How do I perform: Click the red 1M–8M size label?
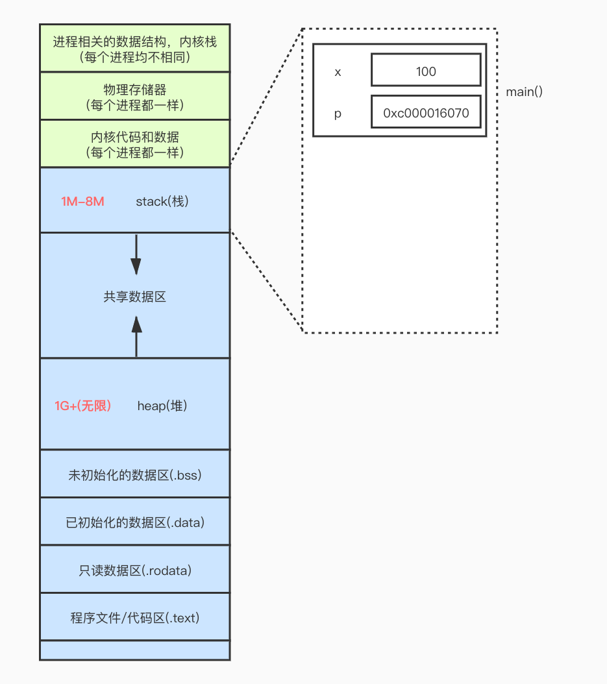pos(82,201)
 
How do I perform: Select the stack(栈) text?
pos(162,201)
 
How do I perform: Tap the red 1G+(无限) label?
pos(82,406)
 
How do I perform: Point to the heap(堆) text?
pos(162,406)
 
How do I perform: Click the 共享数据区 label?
pos(135,297)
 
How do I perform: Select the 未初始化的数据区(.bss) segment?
pos(135,474)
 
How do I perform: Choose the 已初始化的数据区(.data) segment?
pos(135,522)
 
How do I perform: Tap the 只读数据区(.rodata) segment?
pos(135,570)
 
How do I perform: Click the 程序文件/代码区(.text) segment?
pos(135,618)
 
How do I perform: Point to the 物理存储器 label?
pos(135,90)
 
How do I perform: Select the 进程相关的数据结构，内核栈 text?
pos(135,42)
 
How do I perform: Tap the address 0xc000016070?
pos(426,114)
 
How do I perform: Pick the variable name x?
pos(338,72)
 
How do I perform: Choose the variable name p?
pos(338,114)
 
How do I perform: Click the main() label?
pos(524,92)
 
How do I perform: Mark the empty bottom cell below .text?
pos(135,650)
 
